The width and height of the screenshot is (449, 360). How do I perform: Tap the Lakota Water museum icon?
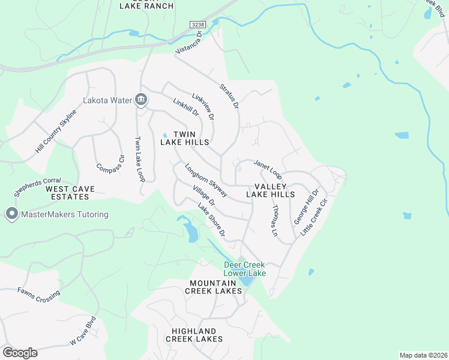coord(141,100)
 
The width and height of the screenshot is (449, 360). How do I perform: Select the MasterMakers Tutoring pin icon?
coord(11,214)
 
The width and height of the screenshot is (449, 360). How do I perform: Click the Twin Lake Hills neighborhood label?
coord(185,138)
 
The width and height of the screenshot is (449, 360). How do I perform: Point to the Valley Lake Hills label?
coord(271,190)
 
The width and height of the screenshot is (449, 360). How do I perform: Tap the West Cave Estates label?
coord(70,193)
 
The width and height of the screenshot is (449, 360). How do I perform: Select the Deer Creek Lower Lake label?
coord(245,269)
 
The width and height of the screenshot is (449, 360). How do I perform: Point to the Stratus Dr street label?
coord(229,96)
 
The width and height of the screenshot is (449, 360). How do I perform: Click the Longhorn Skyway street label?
coord(206,181)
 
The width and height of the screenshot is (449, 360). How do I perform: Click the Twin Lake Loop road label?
coord(140,159)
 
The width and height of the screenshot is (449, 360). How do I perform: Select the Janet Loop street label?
coord(268,169)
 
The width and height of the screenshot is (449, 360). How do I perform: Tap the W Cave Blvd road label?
coord(83,331)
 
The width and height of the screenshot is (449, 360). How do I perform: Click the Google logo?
coord(20,352)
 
